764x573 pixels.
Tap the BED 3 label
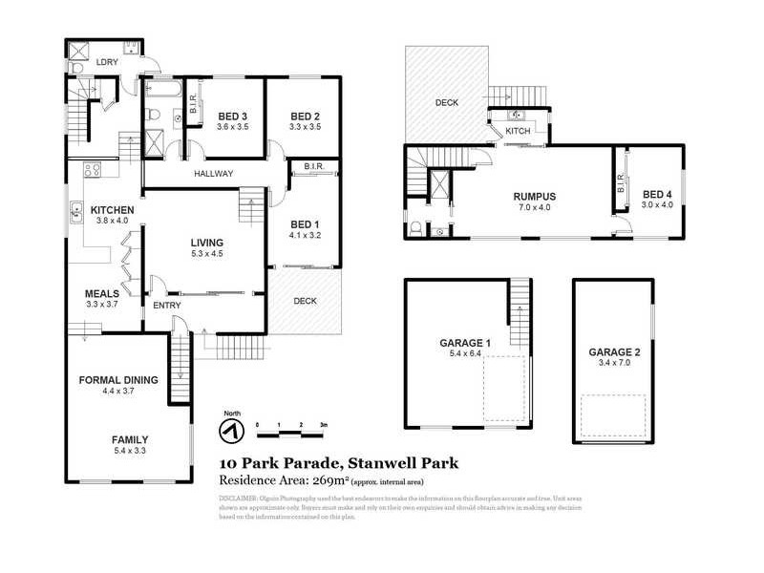(x=232, y=116)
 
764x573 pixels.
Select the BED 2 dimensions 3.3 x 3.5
(x=305, y=127)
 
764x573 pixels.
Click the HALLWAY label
(x=215, y=174)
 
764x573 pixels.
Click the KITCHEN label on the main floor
(x=112, y=210)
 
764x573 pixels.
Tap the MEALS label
(x=101, y=293)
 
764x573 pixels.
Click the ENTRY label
(x=168, y=305)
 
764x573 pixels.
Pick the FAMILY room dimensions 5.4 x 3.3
(x=129, y=452)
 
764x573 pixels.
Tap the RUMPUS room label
(x=534, y=196)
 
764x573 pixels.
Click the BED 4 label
(x=658, y=192)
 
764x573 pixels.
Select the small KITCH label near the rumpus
(x=517, y=130)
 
